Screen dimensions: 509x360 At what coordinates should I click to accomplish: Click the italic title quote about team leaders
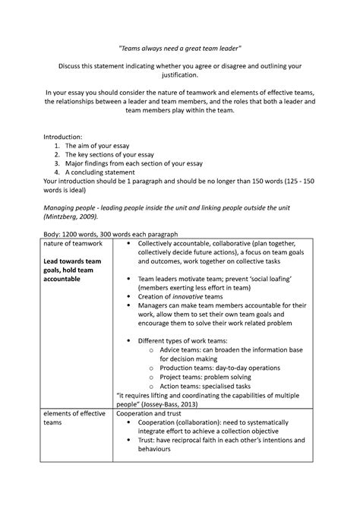(x=180, y=45)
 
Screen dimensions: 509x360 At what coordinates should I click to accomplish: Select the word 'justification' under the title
(x=180, y=76)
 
